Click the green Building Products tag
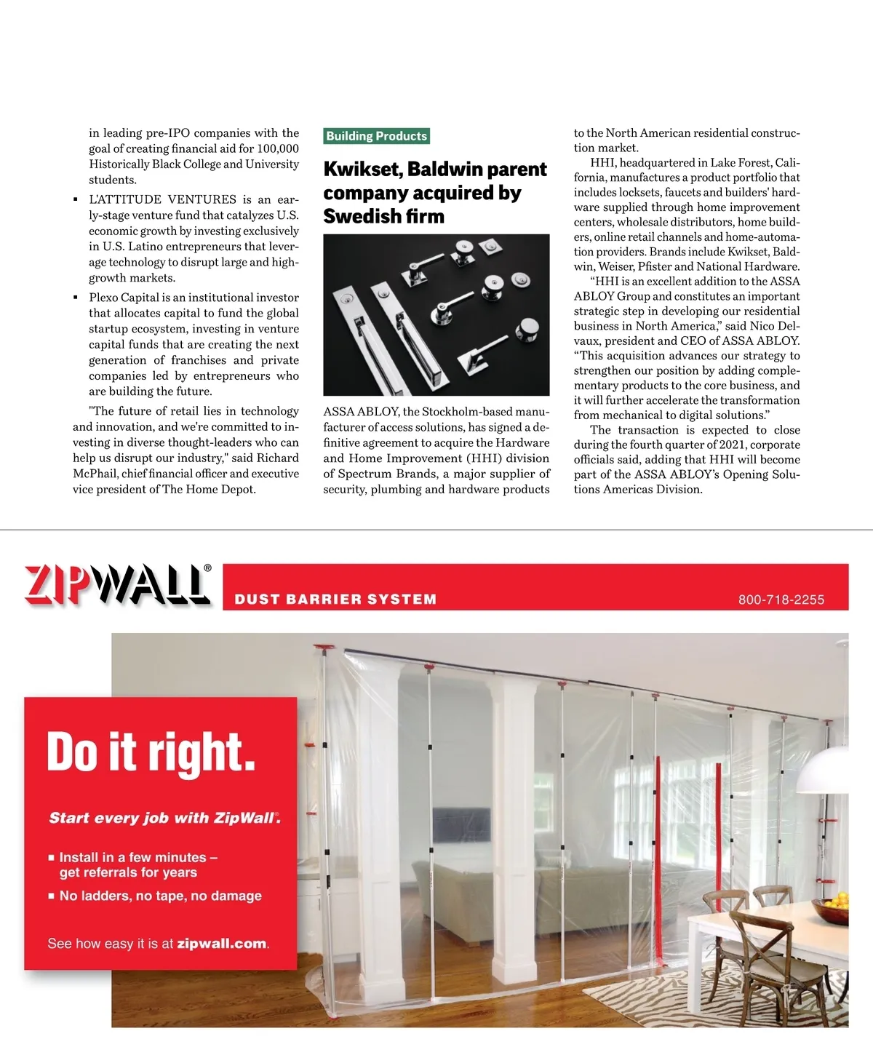376,136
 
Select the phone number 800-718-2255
781,600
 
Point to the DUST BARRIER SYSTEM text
335,600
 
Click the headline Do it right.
151,752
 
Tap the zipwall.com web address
222,944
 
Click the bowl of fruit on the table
832,909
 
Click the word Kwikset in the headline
362,169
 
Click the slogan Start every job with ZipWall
164,818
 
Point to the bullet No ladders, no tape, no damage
160,896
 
